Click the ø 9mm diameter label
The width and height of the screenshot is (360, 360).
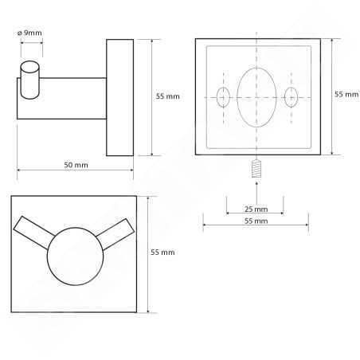point(29,33)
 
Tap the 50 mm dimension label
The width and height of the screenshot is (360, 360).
point(76,165)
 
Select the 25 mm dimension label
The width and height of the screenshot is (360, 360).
point(256,209)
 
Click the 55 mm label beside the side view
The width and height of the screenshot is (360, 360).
point(168,96)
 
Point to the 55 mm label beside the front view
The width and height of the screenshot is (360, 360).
point(162,252)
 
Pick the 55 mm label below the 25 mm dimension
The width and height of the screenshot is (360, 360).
point(256,221)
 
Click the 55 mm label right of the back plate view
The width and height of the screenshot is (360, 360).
point(346,94)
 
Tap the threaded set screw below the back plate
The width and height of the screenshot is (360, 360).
point(256,168)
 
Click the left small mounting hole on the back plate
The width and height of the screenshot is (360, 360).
point(223,97)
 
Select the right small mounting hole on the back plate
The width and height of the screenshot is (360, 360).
point(291,97)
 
